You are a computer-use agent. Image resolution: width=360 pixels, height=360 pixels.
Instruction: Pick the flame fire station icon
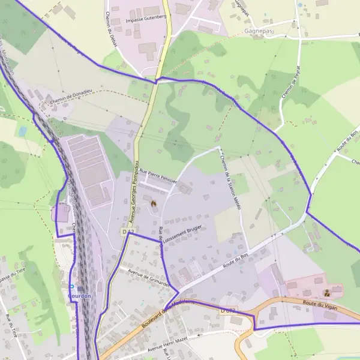click(153, 203)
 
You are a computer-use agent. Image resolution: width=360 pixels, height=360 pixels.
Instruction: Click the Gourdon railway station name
click(80, 296)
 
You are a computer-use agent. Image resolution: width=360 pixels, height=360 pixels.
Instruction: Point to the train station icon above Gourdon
click(80, 289)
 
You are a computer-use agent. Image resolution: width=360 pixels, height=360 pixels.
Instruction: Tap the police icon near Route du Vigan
click(326, 293)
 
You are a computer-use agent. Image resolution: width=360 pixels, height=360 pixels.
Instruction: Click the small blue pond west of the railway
click(23, 130)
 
